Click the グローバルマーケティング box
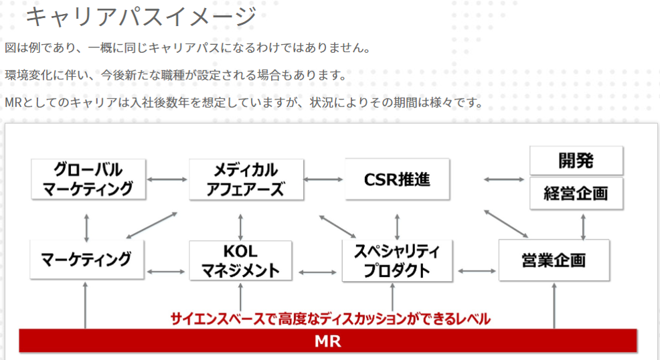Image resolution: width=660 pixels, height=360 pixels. (x=88, y=179)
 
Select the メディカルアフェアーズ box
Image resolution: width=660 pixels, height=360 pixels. (x=246, y=179)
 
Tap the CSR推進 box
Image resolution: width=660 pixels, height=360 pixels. (x=397, y=179)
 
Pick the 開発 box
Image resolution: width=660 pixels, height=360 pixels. (x=576, y=161)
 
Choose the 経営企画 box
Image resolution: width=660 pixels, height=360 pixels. (x=576, y=193)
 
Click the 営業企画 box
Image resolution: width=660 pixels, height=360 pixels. (x=554, y=260)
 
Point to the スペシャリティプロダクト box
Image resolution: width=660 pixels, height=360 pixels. (x=397, y=261)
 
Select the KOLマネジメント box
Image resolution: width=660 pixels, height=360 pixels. (x=240, y=261)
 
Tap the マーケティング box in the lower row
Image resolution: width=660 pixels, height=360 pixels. (x=87, y=260)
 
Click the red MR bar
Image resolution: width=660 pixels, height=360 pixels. (x=328, y=341)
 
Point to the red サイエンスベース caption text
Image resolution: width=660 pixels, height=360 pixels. (x=331, y=319)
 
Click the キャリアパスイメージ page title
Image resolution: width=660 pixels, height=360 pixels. (x=141, y=17)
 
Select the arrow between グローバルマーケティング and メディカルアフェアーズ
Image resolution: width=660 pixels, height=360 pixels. (x=167, y=179)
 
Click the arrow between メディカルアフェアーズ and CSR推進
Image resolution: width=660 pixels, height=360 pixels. (x=323, y=179)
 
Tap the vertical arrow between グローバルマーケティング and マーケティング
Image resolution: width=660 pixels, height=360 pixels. (x=87, y=228)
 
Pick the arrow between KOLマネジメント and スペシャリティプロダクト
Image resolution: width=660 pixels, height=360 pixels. (x=317, y=272)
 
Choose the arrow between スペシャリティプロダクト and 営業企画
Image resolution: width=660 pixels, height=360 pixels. (x=477, y=271)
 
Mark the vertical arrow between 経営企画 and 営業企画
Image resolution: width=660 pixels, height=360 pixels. (x=583, y=227)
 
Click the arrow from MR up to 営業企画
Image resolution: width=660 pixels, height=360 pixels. (x=554, y=306)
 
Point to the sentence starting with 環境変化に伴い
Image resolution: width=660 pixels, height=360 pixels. (x=176, y=76)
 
